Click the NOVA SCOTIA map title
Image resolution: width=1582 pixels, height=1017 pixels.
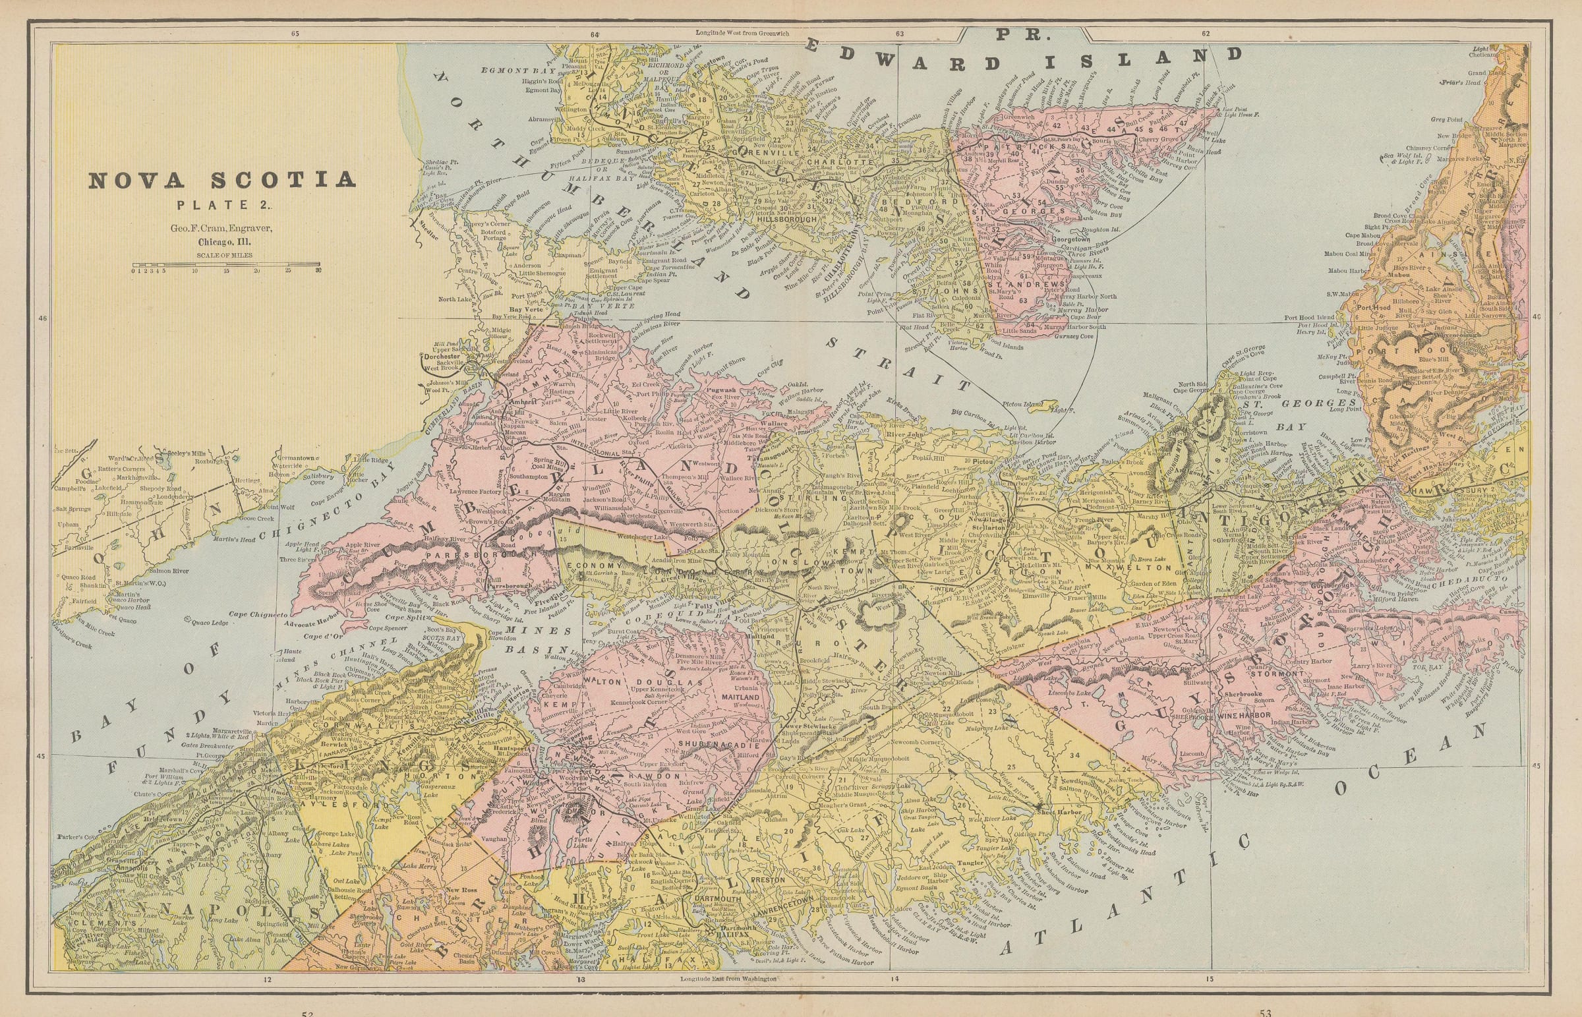tap(221, 181)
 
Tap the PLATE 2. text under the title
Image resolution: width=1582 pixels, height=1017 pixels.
tap(221, 206)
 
